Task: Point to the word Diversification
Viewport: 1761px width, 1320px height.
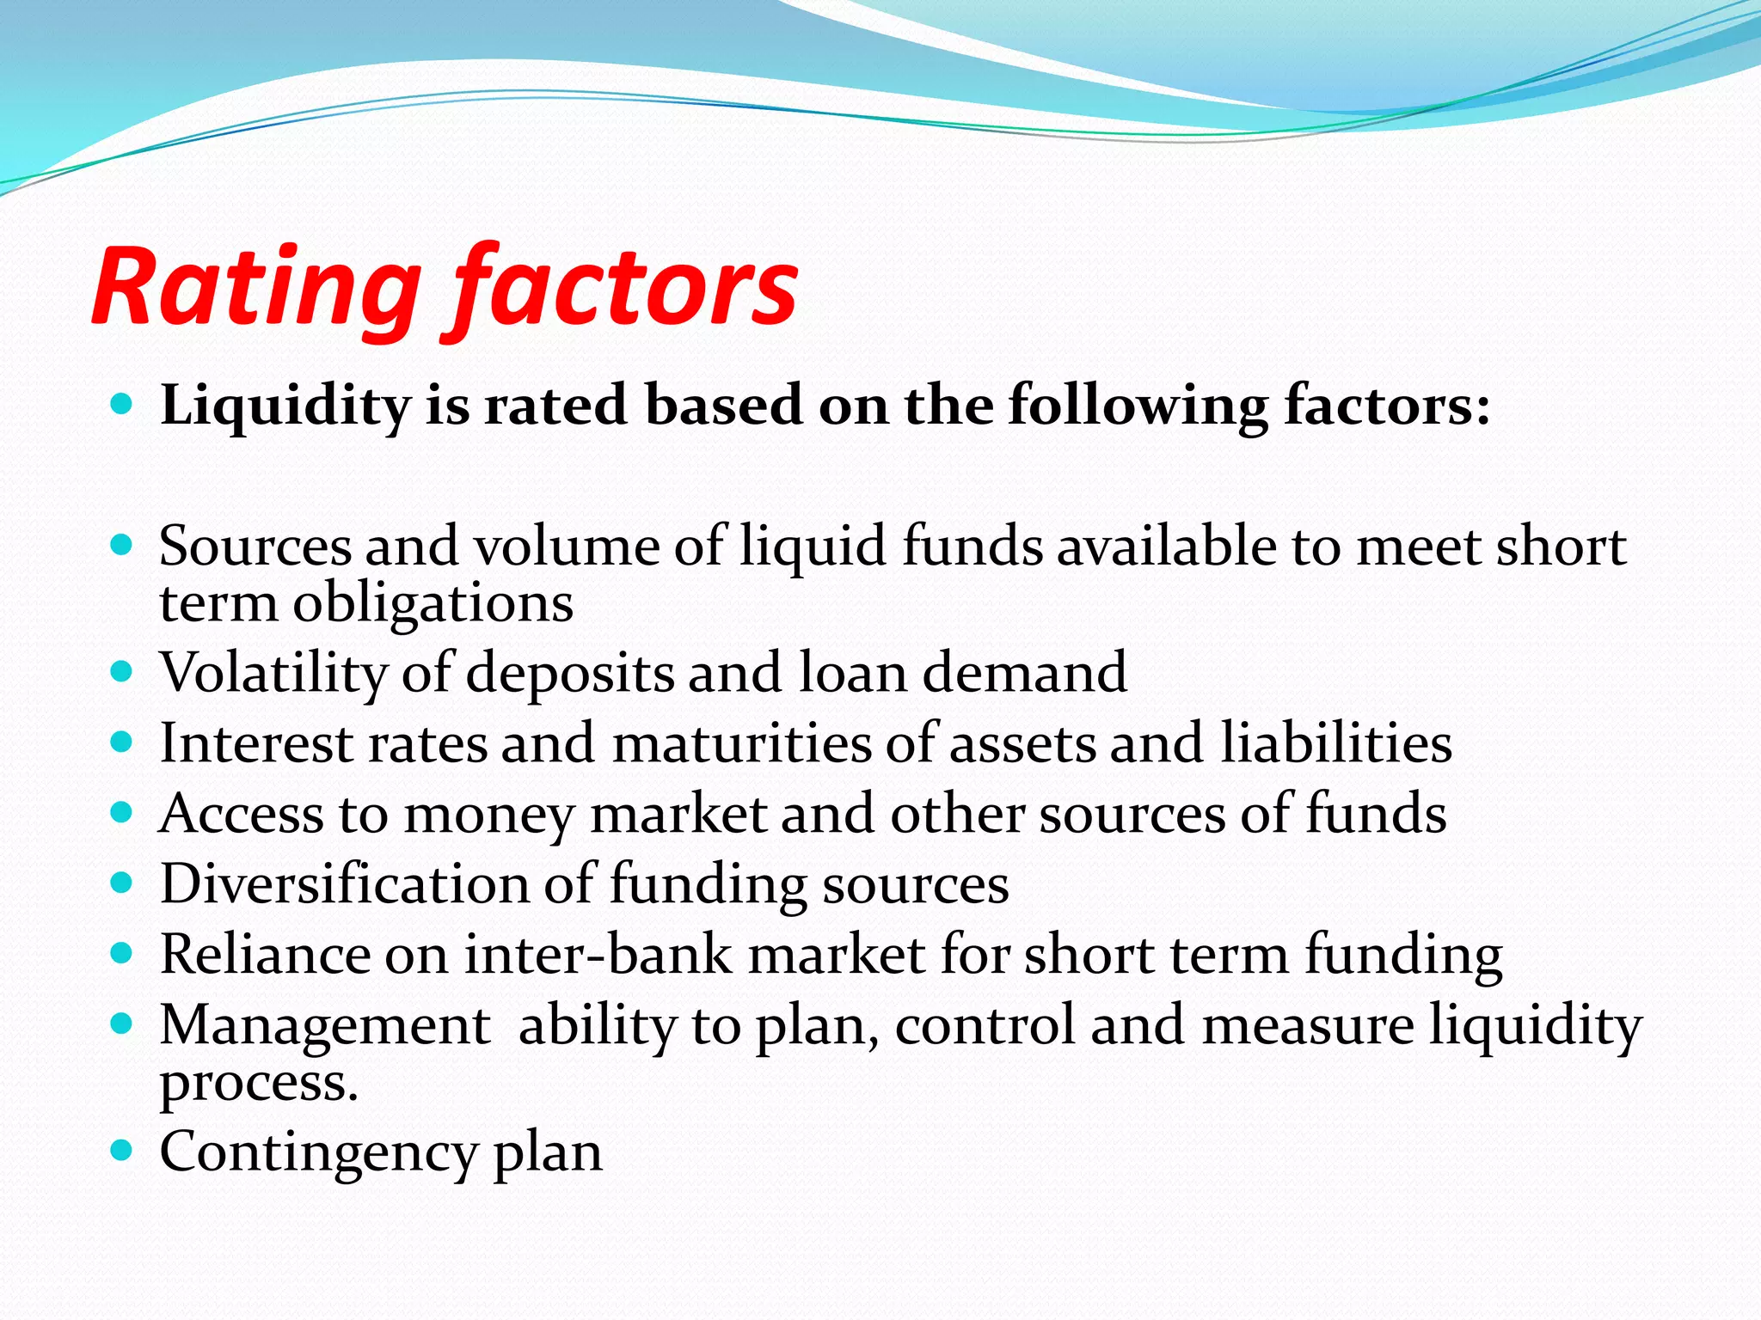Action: (345, 884)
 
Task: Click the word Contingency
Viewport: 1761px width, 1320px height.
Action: (318, 1152)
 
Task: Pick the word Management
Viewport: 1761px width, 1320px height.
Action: (325, 1025)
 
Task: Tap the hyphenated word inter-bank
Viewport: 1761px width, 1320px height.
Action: (598, 955)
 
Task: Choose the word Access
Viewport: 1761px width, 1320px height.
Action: (242, 814)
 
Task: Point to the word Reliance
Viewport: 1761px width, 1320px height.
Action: (265, 955)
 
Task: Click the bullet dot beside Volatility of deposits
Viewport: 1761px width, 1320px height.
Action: (122, 669)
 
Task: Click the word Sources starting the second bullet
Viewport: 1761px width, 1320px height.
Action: (255, 547)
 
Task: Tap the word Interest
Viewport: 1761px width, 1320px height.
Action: (256, 743)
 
